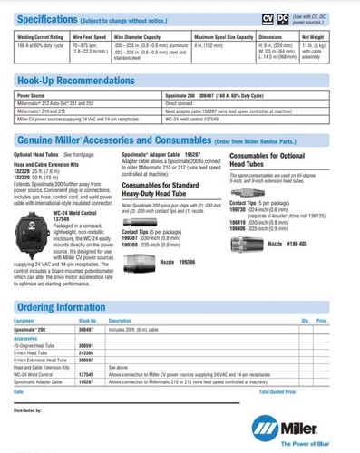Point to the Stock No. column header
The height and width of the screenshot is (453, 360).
coord(87,321)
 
